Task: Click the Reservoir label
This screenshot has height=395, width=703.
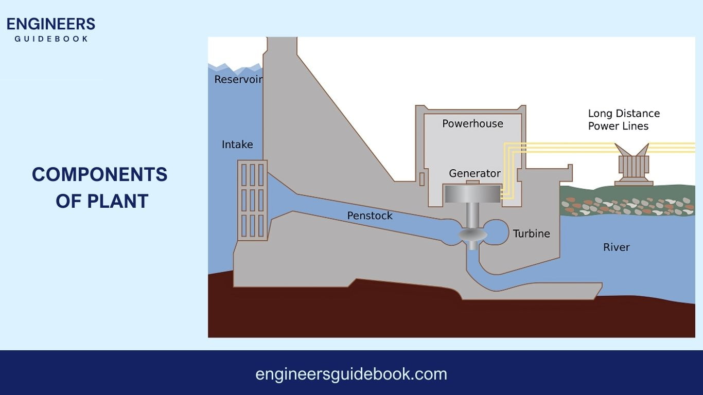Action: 238,79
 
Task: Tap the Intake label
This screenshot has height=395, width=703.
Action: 237,145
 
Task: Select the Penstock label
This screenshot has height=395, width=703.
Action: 370,216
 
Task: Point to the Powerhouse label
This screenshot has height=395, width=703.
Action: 472,123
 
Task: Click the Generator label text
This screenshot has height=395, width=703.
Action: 474,173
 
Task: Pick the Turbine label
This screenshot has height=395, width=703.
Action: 531,234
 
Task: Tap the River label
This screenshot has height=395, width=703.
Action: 616,247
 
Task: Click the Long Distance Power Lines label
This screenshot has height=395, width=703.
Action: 623,120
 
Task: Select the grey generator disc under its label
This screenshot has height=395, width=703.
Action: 472,193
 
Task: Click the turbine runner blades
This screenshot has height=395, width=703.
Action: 473,235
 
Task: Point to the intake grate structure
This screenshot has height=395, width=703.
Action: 252,200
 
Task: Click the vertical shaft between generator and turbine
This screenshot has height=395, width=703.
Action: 472,215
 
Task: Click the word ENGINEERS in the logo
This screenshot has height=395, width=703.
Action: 51,24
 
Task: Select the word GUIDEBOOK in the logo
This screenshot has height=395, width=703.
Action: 51,39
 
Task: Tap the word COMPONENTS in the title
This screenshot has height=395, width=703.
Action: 100,175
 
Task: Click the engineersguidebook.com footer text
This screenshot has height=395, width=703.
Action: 351,374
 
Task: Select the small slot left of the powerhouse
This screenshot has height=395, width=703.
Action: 422,179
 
